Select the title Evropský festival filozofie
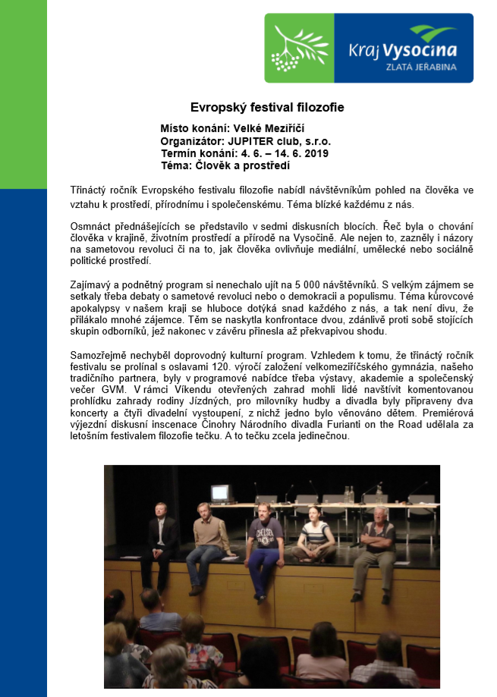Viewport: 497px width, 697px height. (x=266, y=108)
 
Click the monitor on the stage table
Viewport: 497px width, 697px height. (x=220, y=493)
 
